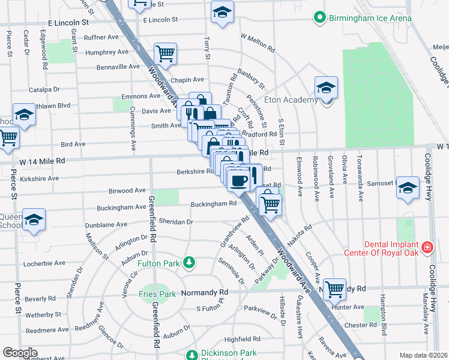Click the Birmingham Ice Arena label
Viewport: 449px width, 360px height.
tap(370, 18)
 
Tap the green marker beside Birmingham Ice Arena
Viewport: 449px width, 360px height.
tap(321, 18)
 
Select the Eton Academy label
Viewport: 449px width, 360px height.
tap(296, 100)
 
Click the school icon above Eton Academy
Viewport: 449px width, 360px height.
tap(326, 88)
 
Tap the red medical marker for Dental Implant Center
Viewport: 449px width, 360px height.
tap(427, 247)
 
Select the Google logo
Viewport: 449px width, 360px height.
tap(20, 352)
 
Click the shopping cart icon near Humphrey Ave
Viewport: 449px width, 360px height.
tap(164, 54)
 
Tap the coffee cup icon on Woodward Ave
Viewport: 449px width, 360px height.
tap(238, 180)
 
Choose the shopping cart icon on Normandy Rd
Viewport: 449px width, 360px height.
tap(334, 289)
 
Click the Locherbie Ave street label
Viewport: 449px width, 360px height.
tap(45, 263)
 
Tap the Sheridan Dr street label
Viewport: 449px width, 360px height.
tap(176, 221)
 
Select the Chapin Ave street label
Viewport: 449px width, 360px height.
tap(187, 80)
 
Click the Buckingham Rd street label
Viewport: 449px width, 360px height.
tap(213, 204)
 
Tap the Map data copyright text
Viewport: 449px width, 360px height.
tap(424, 355)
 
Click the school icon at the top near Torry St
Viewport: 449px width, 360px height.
tap(222, 12)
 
